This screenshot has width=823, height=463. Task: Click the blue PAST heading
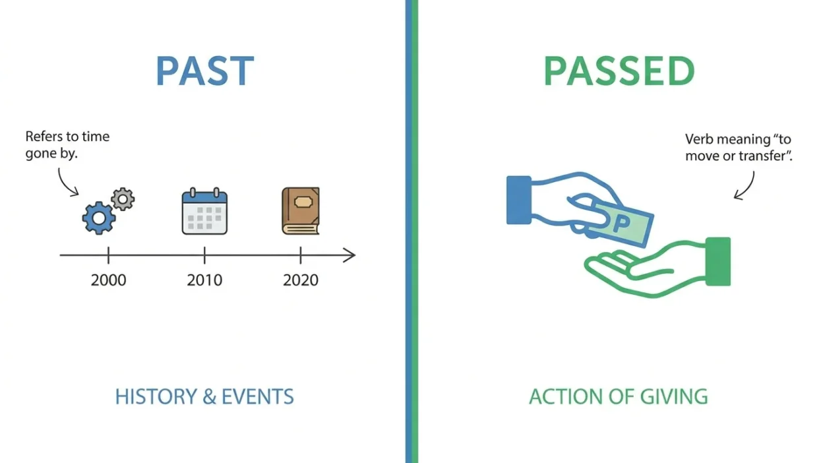pos(204,71)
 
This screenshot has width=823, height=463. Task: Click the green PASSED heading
pos(619,71)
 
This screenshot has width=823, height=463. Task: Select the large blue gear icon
pos(98,218)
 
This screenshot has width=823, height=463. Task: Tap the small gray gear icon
pos(123,198)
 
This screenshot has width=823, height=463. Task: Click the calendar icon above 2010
pos(204,212)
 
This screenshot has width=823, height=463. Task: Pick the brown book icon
pos(301,211)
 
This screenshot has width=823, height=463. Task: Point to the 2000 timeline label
pos(108,280)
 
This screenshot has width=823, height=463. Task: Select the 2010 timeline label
pos(204,280)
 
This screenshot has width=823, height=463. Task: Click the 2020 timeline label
pos(301,280)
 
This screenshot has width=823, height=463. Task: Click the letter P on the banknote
pos(619,224)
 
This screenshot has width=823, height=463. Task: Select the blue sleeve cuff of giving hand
pos(519,200)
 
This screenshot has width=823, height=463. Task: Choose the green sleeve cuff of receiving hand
pos(718,261)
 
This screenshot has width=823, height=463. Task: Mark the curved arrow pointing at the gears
pos(67,181)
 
